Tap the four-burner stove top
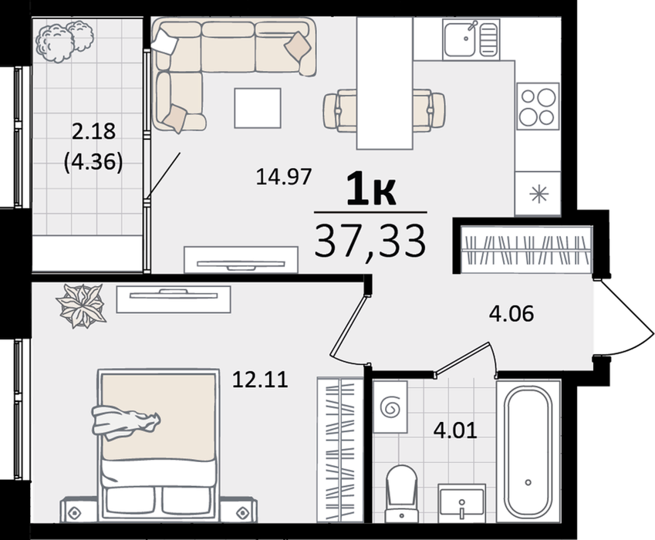point(538,106)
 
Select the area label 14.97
point(284,177)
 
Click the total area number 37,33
point(370,241)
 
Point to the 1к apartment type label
point(371,191)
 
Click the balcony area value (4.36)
point(93,161)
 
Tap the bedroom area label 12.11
point(260,380)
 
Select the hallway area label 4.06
point(512,314)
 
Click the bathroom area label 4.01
point(455,430)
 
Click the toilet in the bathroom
point(402,493)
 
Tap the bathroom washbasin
point(461,503)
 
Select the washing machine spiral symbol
point(390,407)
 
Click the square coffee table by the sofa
point(258,108)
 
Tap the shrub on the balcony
point(65,41)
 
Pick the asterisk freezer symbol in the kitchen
point(539,194)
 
